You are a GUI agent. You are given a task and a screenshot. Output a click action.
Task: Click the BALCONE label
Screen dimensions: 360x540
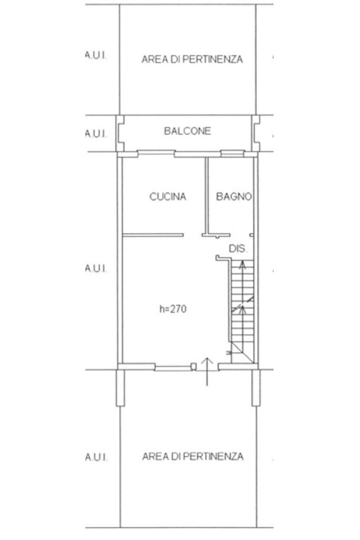tap(187, 131)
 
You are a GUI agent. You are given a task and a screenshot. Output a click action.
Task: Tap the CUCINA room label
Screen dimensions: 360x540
tap(168, 197)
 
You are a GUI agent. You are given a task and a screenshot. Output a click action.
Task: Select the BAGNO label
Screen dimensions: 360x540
tap(233, 197)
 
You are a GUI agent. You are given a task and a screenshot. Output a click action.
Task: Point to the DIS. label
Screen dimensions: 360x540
tap(238, 249)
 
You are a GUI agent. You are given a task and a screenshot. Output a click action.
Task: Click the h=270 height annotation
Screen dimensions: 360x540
tap(173, 309)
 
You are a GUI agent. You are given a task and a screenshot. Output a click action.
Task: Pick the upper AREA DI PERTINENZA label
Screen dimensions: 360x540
tap(192, 59)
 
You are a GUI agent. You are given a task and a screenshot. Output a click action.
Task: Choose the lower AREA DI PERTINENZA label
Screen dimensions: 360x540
tap(193, 457)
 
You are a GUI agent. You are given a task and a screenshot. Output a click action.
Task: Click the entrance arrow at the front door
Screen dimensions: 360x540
tap(207, 372)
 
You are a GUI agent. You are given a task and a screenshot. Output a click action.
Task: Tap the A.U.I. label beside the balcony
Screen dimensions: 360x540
tap(96, 133)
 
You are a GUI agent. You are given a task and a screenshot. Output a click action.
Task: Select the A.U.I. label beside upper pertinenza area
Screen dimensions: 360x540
tap(96, 56)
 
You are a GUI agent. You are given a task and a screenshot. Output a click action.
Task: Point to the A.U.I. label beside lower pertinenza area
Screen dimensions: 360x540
tap(96, 458)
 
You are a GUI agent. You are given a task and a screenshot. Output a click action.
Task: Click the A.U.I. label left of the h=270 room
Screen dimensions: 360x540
tap(96, 268)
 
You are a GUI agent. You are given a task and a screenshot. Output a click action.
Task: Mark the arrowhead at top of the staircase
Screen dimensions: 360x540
tap(242, 264)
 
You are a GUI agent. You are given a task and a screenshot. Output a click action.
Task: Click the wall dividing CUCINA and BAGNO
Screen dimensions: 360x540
tap(207, 196)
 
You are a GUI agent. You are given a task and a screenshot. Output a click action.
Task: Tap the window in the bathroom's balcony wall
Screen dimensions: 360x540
tap(232, 153)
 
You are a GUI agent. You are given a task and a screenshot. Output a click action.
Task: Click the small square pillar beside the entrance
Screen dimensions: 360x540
tap(194, 367)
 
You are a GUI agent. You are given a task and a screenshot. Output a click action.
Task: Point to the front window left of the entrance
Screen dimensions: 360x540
tap(173, 368)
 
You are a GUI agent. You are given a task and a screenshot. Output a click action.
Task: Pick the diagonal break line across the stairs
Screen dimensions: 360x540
tap(242, 304)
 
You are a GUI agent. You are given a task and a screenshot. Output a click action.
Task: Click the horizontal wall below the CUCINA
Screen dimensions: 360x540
tap(153, 235)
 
